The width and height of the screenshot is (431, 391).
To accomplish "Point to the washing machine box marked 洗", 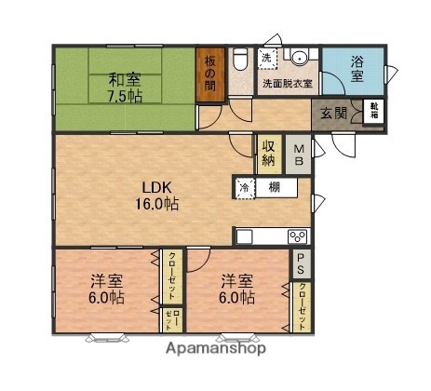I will [x=267, y=59].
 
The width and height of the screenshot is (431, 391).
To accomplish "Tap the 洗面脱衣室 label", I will [x=288, y=83].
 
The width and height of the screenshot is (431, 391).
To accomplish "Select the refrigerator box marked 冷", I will [x=245, y=187].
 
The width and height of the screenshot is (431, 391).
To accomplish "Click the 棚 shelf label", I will [x=275, y=187].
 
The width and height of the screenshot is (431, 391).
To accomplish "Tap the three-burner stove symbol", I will [x=298, y=235].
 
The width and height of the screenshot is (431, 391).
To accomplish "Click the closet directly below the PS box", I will [x=303, y=304].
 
